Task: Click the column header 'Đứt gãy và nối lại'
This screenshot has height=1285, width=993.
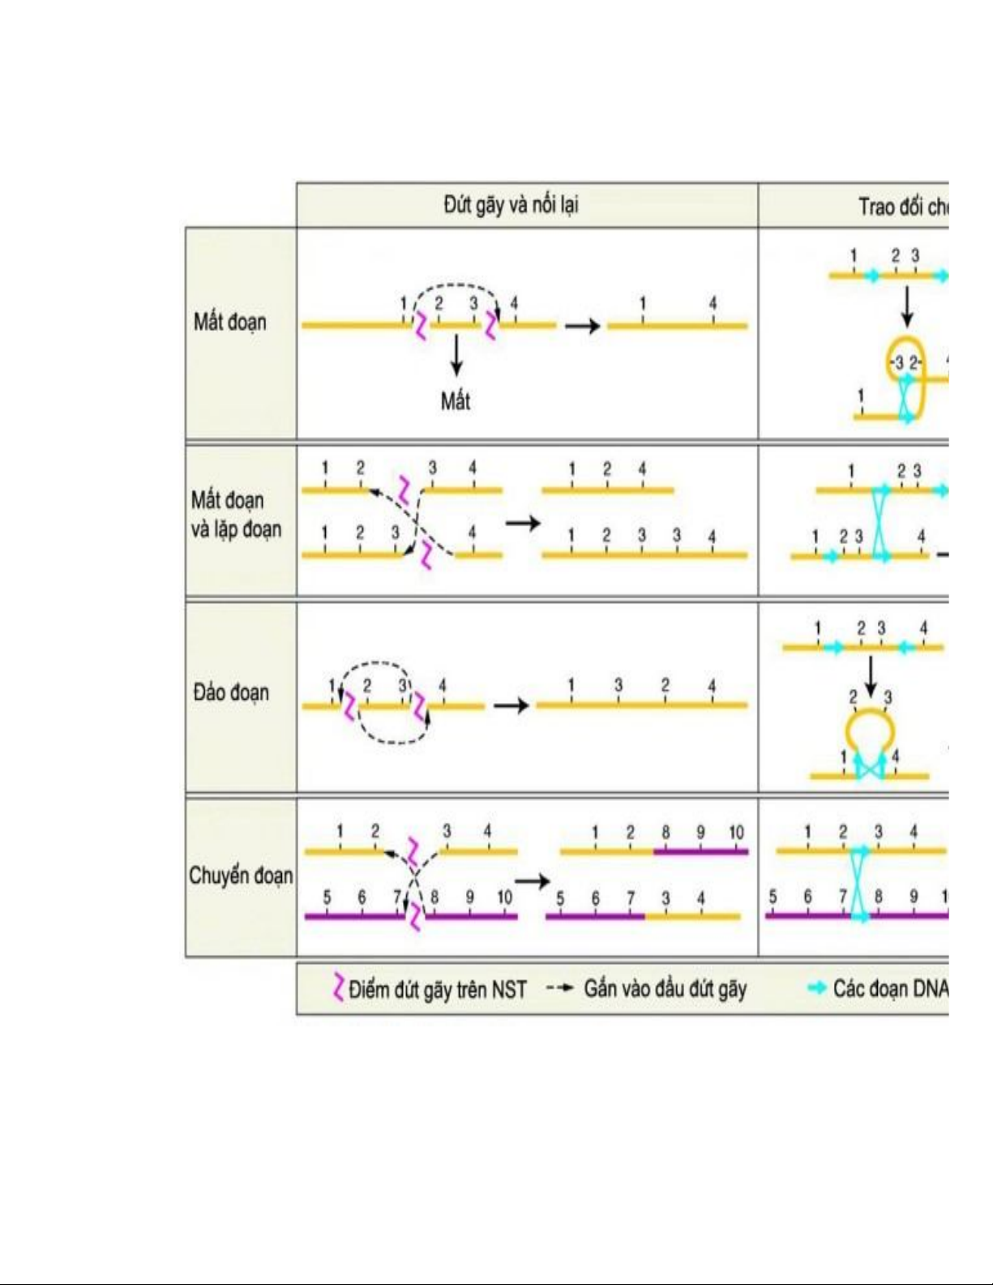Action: tap(511, 205)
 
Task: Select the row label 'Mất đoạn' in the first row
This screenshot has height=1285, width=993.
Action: tap(229, 323)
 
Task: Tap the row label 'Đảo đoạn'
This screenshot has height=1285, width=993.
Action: tap(231, 693)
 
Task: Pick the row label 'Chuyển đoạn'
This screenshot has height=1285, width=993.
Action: tap(241, 876)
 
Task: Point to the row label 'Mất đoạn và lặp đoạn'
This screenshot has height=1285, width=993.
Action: tap(236, 515)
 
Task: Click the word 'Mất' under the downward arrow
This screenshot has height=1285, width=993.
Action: tap(456, 400)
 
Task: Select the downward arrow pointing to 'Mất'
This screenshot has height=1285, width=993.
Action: tap(456, 355)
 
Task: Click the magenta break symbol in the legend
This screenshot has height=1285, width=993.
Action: tap(338, 987)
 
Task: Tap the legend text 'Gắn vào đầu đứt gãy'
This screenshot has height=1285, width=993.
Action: tap(665, 988)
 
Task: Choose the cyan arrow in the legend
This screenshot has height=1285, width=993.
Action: tap(817, 987)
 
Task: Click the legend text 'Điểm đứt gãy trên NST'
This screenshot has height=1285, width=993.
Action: tap(438, 989)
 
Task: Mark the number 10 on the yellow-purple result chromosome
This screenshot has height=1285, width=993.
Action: tap(736, 833)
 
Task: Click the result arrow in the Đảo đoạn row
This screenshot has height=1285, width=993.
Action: tap(511, 705)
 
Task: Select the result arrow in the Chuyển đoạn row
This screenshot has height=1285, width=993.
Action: tap(532, 881)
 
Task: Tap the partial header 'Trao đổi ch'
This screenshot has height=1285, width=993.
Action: tap(902, 208)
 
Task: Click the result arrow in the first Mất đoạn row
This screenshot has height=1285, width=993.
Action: tap(582, 326)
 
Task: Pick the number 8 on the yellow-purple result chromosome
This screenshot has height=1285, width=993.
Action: tap(666, 833)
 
